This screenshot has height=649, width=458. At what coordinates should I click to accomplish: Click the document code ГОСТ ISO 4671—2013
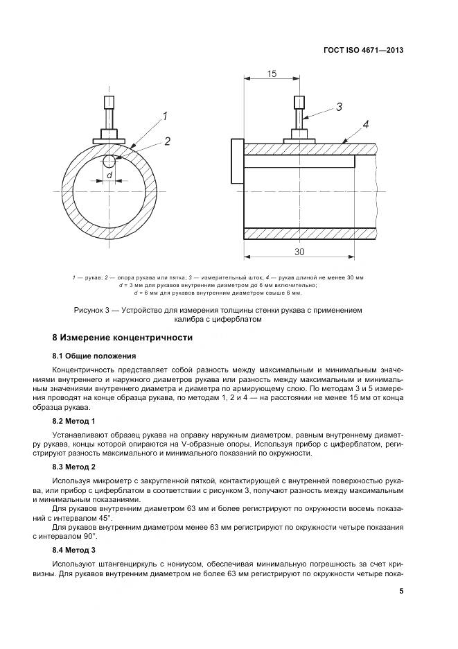tap(363, 50)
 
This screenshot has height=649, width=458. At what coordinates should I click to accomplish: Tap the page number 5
tap(401, 591)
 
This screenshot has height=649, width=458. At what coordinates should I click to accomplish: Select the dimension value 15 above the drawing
tap(271, 74)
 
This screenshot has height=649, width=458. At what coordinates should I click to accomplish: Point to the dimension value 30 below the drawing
tap(299, 251)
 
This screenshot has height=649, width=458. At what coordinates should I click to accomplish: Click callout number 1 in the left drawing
tap(166, 116)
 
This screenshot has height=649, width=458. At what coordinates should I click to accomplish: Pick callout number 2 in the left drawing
tap(167, 141)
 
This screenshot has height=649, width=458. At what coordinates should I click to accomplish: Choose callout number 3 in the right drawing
tap(339, 107)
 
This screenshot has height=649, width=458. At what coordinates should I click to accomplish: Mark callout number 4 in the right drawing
tap(365, 125)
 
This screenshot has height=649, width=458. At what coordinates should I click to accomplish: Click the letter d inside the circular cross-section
tap(109, 176)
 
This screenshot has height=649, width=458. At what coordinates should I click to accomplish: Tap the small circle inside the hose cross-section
tap(109, 162)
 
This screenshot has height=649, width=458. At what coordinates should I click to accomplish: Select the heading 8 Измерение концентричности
tap(123, 338)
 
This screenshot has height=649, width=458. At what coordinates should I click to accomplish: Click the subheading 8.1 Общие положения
tap(94, 356)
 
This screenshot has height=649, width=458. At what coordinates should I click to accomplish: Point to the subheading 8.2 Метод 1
tap(73, 421)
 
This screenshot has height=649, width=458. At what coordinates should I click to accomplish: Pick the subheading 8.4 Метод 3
tap(73, 549)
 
